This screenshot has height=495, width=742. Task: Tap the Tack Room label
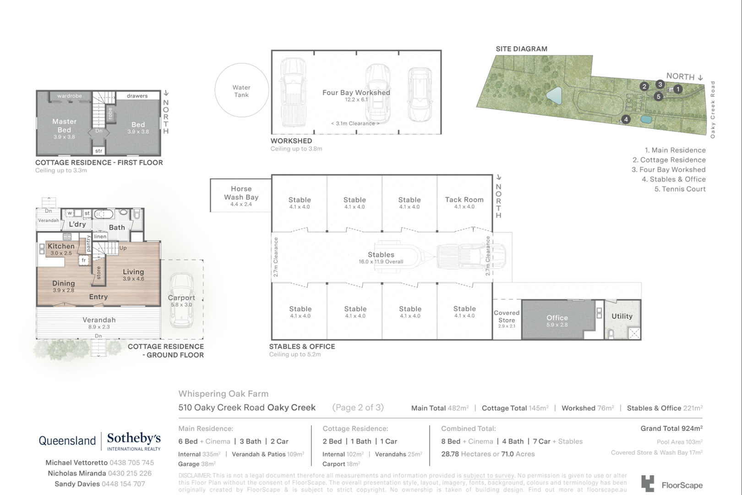click(x=464, y=199)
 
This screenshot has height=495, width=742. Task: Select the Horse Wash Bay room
click(x=241, y=195)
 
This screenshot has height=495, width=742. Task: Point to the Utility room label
click(x=622, y=316)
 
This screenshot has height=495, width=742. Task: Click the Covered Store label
click(x=507, y=317)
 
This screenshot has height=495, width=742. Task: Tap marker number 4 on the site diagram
click(x=626, y=119)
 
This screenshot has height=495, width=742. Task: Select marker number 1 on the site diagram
click(x=678, y=89)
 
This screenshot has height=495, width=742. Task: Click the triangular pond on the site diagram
click(x=555, y=96)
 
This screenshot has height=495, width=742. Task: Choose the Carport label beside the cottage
click(x=181, y=298)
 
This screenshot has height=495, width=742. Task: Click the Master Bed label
click(x=64, y=126)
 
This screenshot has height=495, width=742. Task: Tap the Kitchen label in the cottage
click(x=61, y=246)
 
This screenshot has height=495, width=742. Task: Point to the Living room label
click(x=133, y=272)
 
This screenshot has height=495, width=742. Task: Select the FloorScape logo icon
click(x=648, y=484)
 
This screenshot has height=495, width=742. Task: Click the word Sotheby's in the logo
click(x=134, y=438)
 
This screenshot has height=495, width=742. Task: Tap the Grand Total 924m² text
click(x=671, y=429)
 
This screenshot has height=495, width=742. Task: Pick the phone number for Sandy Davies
click(x=123, y=484)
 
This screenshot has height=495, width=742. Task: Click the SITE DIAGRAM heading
click(x=521, y=49)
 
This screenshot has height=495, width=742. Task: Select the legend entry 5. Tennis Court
click(x=680, y=189)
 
